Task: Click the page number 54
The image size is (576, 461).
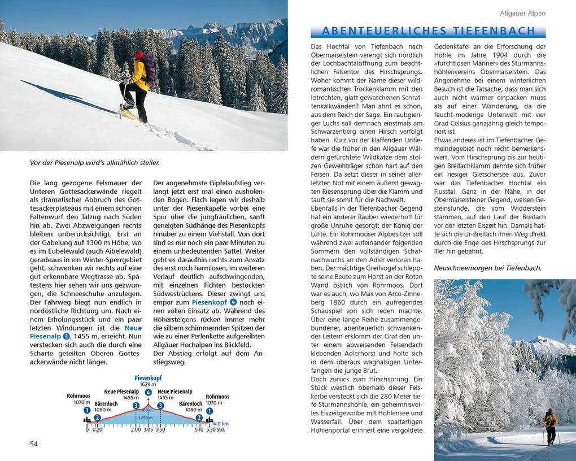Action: coord(34,443)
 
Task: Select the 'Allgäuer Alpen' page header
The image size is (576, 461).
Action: coord(522,13)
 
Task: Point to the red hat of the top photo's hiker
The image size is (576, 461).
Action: coord(138,54)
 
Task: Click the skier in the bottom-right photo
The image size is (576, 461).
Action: coord(550,425)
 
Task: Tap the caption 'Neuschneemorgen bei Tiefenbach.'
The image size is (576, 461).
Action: coord(487,268)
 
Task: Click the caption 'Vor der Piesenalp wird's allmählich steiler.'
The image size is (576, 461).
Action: coord(95,163)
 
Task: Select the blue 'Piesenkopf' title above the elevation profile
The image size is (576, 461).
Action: coord(148,378)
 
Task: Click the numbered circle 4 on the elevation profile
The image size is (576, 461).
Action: coord(148,393)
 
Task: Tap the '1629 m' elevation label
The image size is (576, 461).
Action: coord(148,385)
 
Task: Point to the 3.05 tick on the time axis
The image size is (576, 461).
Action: coord(148,429)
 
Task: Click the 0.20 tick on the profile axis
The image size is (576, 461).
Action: coord(98,429)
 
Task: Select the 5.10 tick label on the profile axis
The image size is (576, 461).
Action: coord(198,429)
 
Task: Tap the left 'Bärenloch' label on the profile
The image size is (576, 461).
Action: coord(106,404)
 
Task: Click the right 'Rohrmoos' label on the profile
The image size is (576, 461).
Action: coord(217,397)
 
